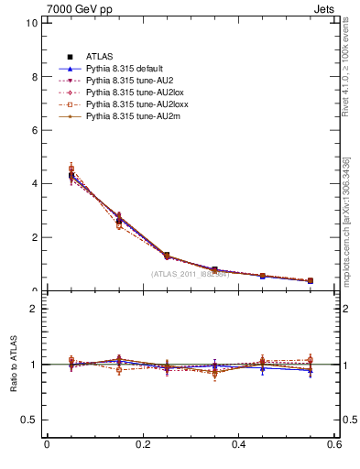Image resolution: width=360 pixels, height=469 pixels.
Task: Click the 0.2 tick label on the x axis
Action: [143, 445]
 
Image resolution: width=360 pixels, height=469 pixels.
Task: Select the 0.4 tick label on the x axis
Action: [239, 445]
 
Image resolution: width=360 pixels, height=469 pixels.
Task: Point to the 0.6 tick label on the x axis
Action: [335, 445]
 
